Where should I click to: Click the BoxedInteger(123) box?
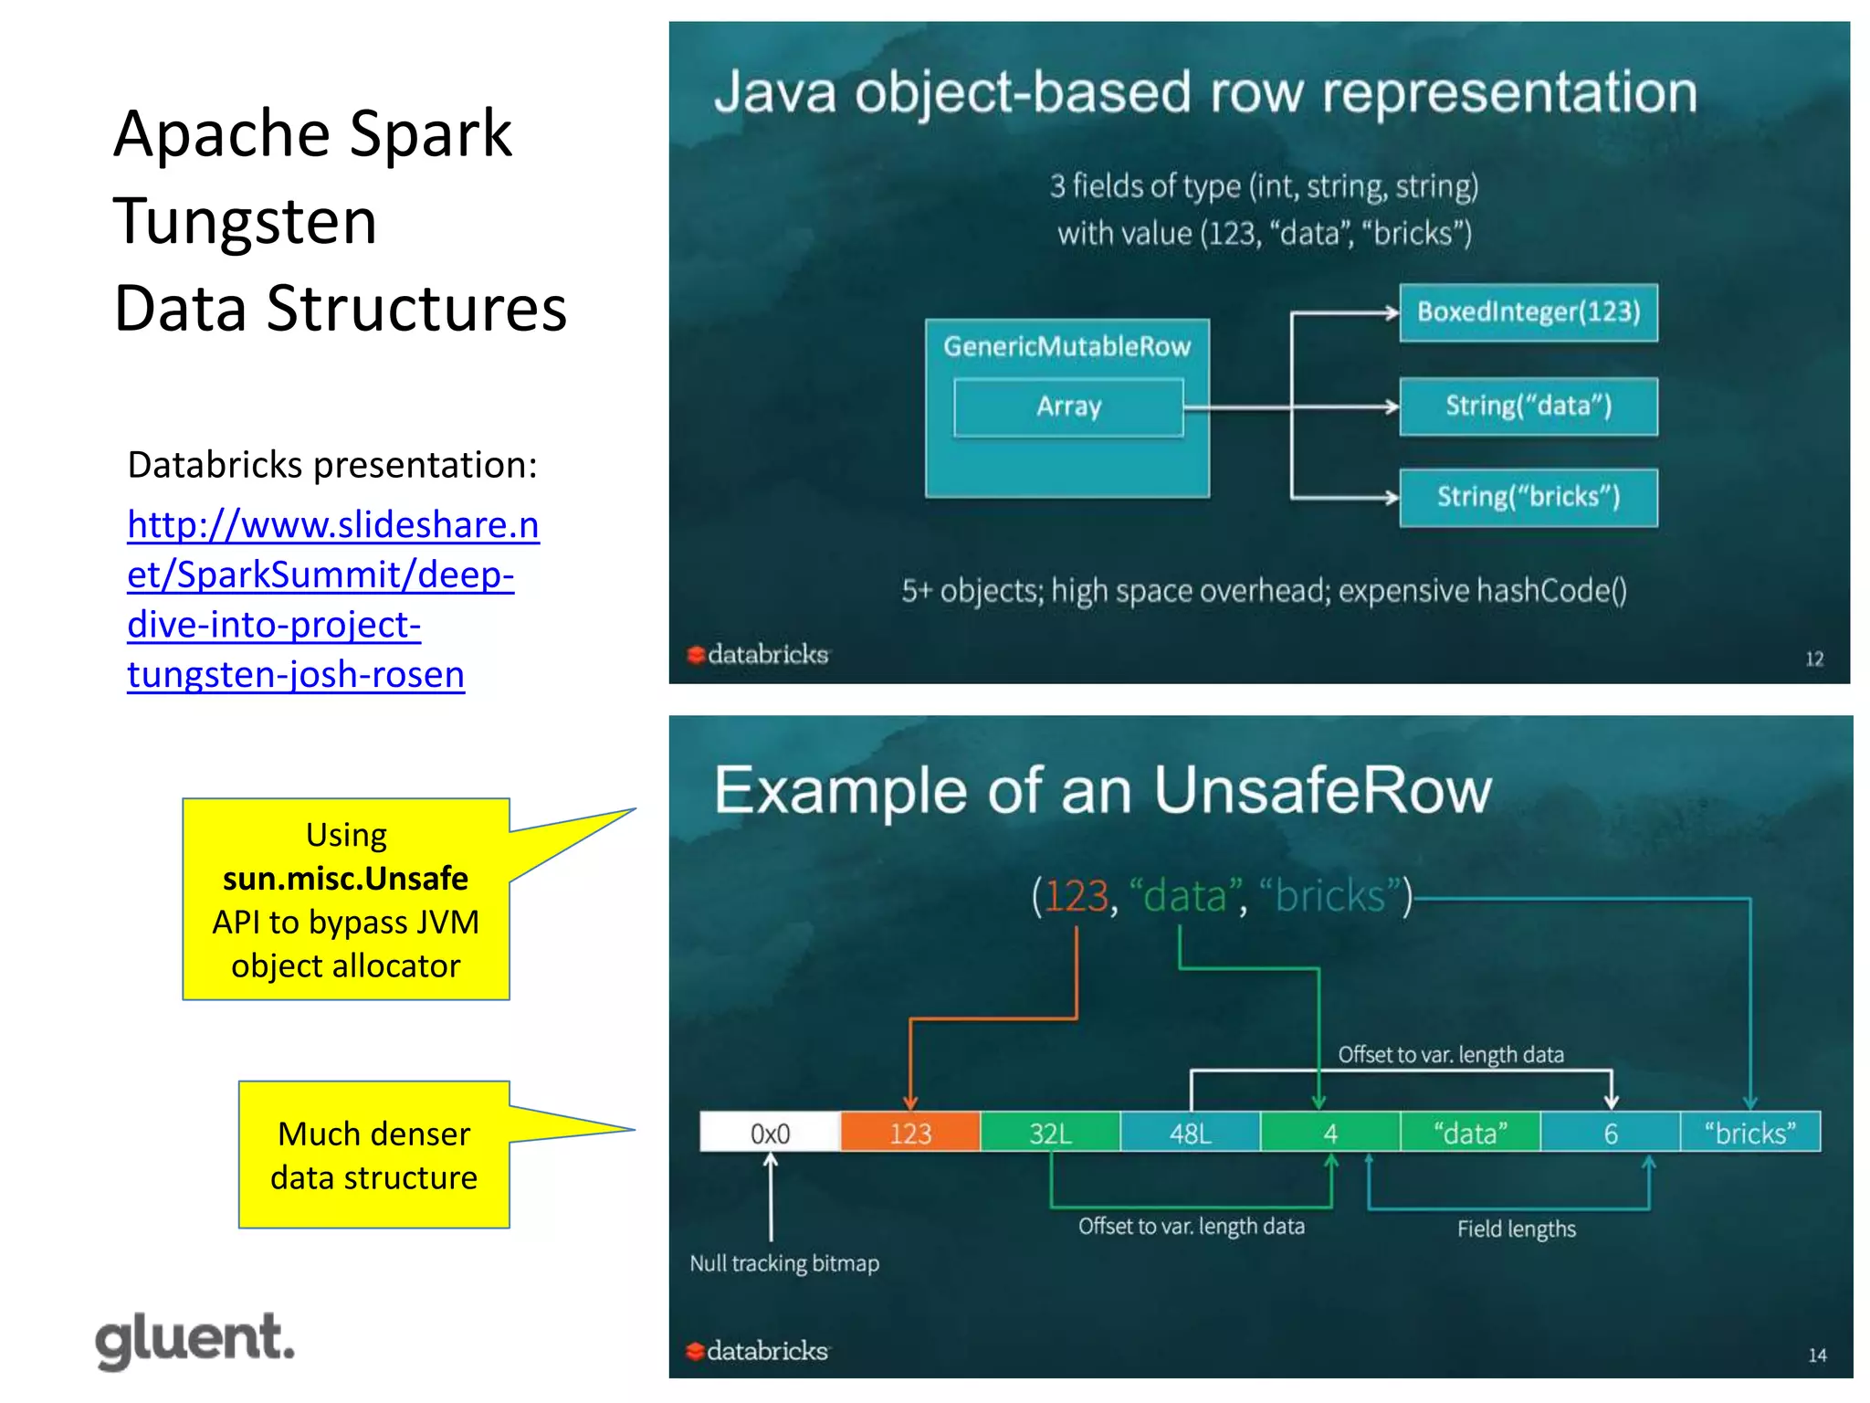click(x=1528, y=312)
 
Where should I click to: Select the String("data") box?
click(x=1528, y=406)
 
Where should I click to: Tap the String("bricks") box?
click(x=1528, y=497)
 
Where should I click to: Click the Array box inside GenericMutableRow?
click(x=1068, y=406)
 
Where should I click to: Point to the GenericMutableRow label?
click(x=1066, y=346)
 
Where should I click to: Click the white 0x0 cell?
click(x=770, y=1133)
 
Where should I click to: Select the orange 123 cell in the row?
click(x=910, y=1133)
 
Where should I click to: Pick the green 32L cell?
click(x=1050, y=1133)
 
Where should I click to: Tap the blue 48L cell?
click(x=1190, y=1133)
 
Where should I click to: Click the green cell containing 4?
click(x=1330, y=1133)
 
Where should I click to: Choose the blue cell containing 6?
click(x=1611, y=1133)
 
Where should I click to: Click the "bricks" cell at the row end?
click(x=1749, y=1133)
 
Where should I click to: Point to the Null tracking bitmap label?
click(x=784, y=1263)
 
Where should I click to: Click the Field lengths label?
click(x=1516, y=1229)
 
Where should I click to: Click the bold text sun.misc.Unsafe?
click(x=345, y=878)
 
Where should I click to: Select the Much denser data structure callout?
click(x=373, y=1155)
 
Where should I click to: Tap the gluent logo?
click(x=195, y=1340)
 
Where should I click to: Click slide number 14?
click(x=1817, y=1356)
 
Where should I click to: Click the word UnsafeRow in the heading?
click(x=1322, y=790)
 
